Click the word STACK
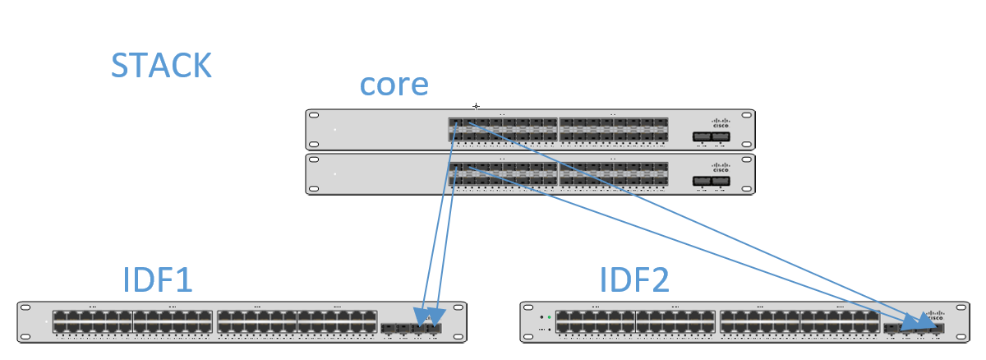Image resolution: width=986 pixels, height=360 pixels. (161, 66)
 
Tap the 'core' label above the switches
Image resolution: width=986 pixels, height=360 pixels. (394, 85)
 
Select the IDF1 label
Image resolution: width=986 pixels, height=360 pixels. (157, 280)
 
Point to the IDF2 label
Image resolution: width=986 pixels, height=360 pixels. (634, 280)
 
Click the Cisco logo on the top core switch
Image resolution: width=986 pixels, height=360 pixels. (721, 122)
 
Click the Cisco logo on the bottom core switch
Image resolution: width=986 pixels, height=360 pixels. (721, 165)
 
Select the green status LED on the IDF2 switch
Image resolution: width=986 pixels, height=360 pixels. (549, 316)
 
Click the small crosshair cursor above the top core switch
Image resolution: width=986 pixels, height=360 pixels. (476, 106)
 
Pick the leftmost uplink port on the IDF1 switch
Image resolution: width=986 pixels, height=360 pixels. (387, 328)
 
